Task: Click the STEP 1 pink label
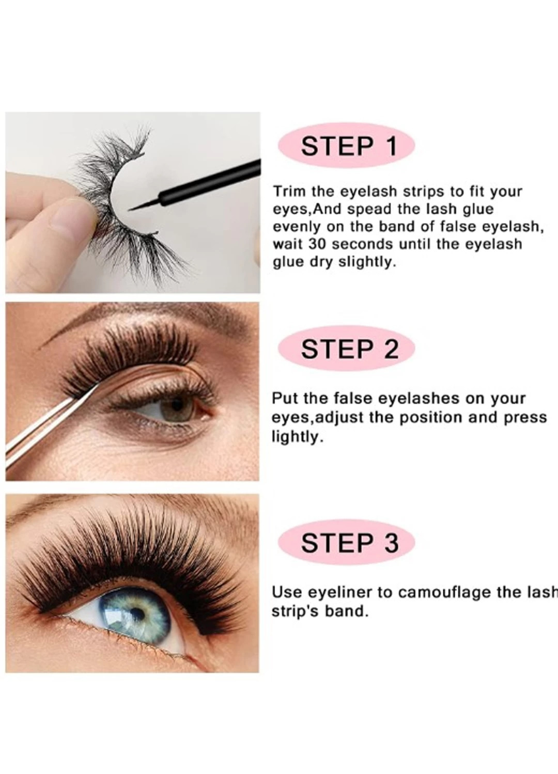click(x=346, y=146)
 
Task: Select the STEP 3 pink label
click(x=346, y=552)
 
